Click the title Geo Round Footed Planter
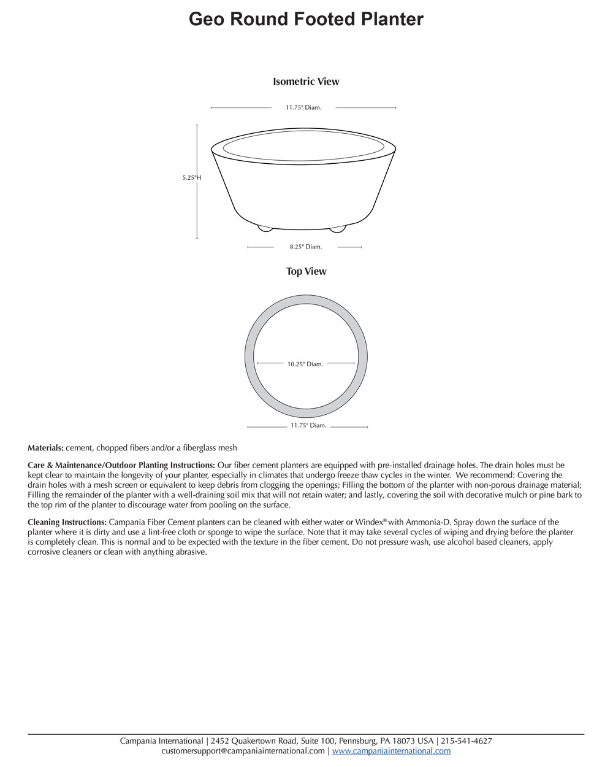[x=306, y=20]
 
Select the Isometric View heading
[x=306, y=82]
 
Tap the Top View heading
[x=306, y=271]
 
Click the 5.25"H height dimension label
[x=191, y=177]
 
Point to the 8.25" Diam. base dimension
[x=305, y=247]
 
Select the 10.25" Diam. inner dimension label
[x=305, y=364]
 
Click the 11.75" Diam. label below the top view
[x=308, y=425]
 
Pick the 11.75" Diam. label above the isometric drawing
[x=303, y=107]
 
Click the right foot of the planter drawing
[x=337, y=229]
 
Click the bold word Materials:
[x=45, y=448]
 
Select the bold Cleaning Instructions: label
[x=67, y=522]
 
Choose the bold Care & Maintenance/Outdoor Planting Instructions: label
[x=121, y=465]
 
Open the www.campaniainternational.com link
[x=391, y=750]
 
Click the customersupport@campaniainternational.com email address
[x=243, y=750]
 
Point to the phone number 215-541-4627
[x=466, y=741]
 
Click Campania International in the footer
[x=161, y=741]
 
